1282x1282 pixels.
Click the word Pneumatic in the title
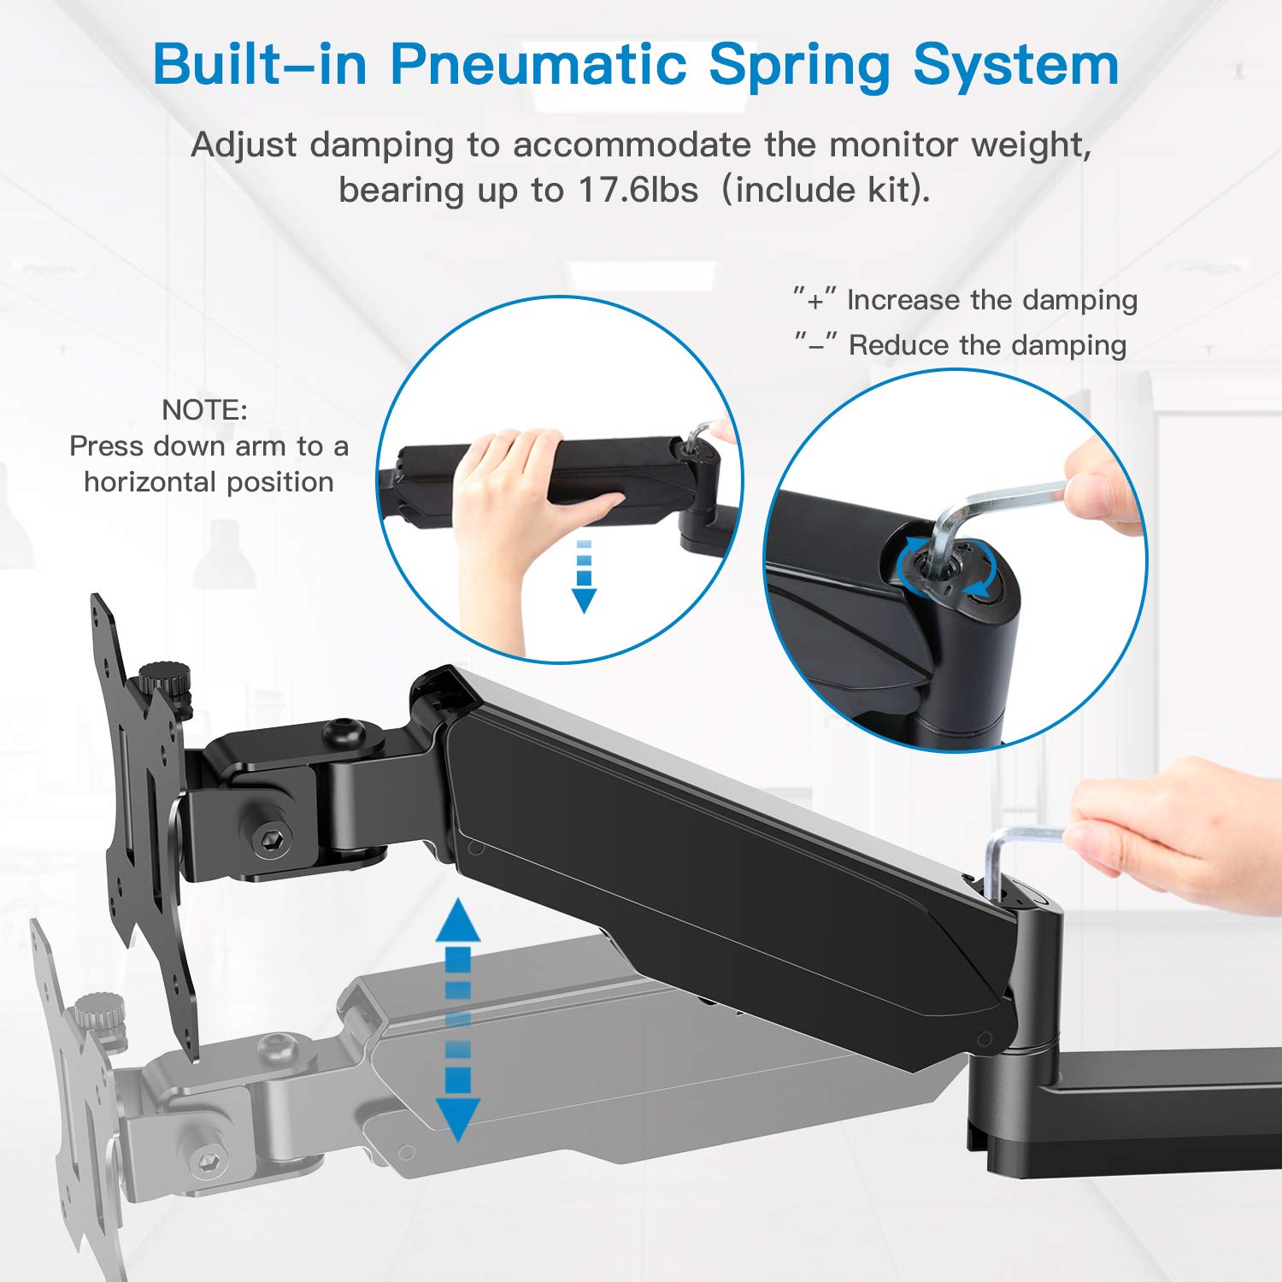[538, 64]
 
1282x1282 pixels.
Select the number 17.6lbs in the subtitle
[638, 189]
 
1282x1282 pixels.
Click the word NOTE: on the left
[204, 409]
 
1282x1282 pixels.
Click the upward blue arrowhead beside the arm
[458, 921]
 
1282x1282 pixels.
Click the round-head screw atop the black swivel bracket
[344, 732]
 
